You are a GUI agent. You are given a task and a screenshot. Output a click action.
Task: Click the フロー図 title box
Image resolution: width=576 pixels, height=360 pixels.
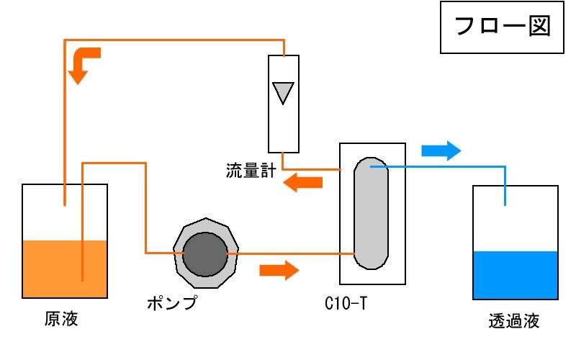point(501,27)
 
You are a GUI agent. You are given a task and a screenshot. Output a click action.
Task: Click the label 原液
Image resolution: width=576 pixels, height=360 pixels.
point(60,318)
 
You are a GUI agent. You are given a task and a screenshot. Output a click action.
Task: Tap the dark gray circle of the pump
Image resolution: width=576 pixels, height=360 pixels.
point(205,253)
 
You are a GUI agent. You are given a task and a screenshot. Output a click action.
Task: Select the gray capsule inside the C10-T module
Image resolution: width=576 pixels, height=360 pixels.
point(372,213)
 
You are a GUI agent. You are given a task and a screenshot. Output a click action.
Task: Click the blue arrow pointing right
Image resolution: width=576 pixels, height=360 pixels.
point(441,150)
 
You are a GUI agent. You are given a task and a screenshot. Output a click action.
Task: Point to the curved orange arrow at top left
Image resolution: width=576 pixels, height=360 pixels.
point(84,63)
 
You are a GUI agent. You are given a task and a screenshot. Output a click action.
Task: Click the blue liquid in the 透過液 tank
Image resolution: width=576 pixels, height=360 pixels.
point(516,275)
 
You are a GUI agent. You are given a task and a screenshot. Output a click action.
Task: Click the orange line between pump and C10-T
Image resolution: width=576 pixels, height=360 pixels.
point(288,253)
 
